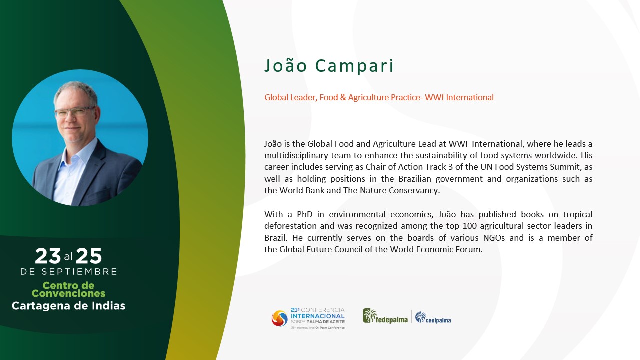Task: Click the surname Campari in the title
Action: pyautogui.click(x=354, y=66)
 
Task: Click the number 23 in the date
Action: pyautogui.click(x=48, y=256)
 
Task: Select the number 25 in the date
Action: pyautogui.click(x=89, y=256)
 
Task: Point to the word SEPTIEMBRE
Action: pyautogui.click(x=79, y=271)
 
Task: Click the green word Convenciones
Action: pyautogui.click(x=68, y=293)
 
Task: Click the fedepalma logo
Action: pyautogui.click(x=385, y=316)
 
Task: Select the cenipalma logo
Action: pyautogui.click(x=433, y=317)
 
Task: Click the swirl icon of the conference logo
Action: pyautogui.click(x=279, y=318)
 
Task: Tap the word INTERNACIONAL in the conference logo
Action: pyautogui.click(x=317, y=316)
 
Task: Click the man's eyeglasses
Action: pyautogui.click(x=75, y=112)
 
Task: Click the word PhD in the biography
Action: pyautogui.click(x=305, y=214)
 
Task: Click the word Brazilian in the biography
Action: pyautogui.click(x=415, y=179)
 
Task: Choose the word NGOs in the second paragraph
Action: pyautogui.click(x=494, y=238)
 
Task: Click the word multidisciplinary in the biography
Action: pyautogui.click(x=295, y=155)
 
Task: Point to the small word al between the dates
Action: pyautogui.click(x=68, y=257)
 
